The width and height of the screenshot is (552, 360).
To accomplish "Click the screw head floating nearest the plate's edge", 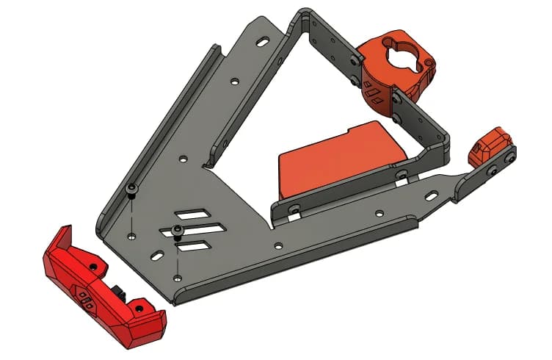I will tap(131, 190).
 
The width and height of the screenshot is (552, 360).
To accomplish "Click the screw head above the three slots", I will tap(178, 231).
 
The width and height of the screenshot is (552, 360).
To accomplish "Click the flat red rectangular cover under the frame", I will tap(338, 160).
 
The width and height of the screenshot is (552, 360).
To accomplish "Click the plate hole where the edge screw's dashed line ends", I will tap(131, 236).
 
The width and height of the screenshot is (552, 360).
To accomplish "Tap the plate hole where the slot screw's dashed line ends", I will tap(178, 278).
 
